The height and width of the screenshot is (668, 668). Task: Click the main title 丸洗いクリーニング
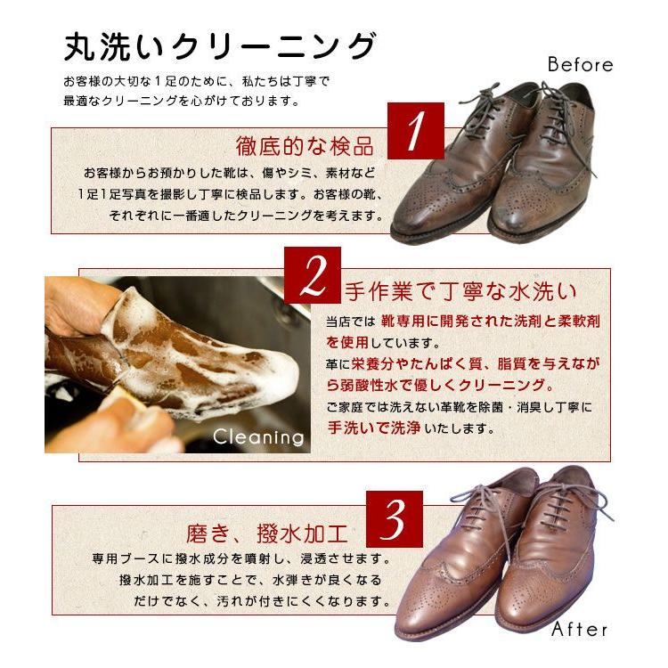(x=219, y=47)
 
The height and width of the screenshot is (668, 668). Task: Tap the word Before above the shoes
(x=580, y=65)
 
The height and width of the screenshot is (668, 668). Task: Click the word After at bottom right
(x=579, y=630)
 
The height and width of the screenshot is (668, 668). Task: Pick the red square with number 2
(x=314, y=277)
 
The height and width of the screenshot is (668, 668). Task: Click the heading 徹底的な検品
(x=305, y=146)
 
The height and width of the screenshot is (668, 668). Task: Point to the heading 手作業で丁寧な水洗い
(x=460, y=290)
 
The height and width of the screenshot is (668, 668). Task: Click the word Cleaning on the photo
(x=258, y=437)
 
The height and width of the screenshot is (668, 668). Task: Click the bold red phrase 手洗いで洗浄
(x=371, y=428)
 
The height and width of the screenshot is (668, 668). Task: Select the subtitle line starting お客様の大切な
(x=196, y=81)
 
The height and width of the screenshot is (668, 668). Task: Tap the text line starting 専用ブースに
(x=240, y=559)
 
